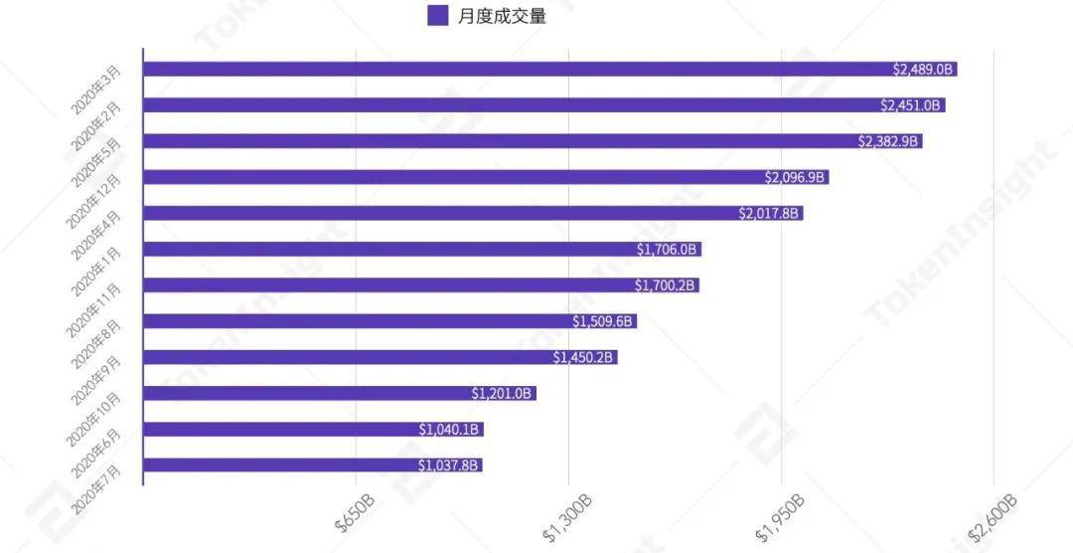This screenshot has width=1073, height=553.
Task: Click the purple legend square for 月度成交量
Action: pyautogui.click(x=437, y=16)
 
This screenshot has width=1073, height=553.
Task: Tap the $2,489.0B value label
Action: pyautogui.click(x=923, y=70)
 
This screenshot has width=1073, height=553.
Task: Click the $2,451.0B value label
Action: pyautogui.click(x=911, y=105)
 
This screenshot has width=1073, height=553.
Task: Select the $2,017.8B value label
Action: pyautogui.click(x=770, y=214)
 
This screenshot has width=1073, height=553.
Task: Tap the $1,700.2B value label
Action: pyautogui.click(x=666, y=285)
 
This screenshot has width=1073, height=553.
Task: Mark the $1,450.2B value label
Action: pyautogui.click(x=584, y=357)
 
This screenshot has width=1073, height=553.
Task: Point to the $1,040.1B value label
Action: pyautogui.click(x=450, y=430)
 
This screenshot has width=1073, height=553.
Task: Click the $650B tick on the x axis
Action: pyautogui.click(x=355, y=513)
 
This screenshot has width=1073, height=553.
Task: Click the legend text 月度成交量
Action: pyautogui.click(x=503, y=16)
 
